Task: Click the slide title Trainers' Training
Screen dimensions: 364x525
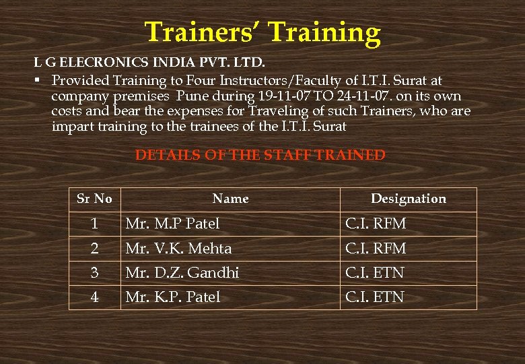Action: pos(262,32)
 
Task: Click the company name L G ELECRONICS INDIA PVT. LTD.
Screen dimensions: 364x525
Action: pos(149,63)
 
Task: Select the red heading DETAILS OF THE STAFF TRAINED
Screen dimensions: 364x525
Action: pos(260,155)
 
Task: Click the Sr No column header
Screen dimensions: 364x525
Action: pos(94,199)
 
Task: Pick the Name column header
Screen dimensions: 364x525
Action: pos(230,199)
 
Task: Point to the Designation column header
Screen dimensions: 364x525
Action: pos(409,199)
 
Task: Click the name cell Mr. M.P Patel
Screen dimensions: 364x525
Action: pos(172,223)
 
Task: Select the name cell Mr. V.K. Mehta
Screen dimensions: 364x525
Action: pos(178,248)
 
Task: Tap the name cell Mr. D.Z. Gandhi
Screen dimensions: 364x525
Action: pos(182,273)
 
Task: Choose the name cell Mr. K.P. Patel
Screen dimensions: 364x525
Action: pos(173,297)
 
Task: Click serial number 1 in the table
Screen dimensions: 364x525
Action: pos(95,223)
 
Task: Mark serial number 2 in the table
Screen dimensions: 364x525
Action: pos(95,248)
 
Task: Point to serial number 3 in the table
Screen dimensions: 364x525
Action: pos(95,273)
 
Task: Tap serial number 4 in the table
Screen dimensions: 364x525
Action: pos(95,297)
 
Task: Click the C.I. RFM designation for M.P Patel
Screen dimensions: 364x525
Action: pos(376,223)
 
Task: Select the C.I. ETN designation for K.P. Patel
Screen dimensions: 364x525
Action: pos(375,297)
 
